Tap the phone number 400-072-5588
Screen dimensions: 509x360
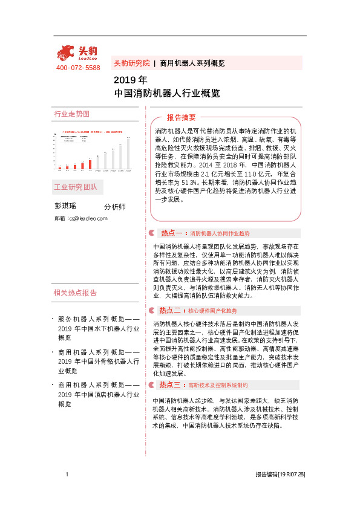pos(78,68)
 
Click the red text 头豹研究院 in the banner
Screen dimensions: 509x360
pos(131,63)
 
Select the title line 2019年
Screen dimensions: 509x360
pos(130,80)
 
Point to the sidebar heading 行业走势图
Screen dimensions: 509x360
pos(72,114)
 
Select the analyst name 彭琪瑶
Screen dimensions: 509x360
pos(65,206)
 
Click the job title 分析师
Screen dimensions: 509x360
pos(115,207)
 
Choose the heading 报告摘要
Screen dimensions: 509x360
pos(181,117)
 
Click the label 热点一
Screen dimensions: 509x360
pos(171,233)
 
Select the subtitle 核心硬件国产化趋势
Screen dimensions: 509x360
pos(212,310)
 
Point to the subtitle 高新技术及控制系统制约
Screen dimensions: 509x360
pos(217,384)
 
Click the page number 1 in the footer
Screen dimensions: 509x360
pos(67,475)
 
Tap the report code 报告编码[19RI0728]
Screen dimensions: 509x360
pos(280,475)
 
